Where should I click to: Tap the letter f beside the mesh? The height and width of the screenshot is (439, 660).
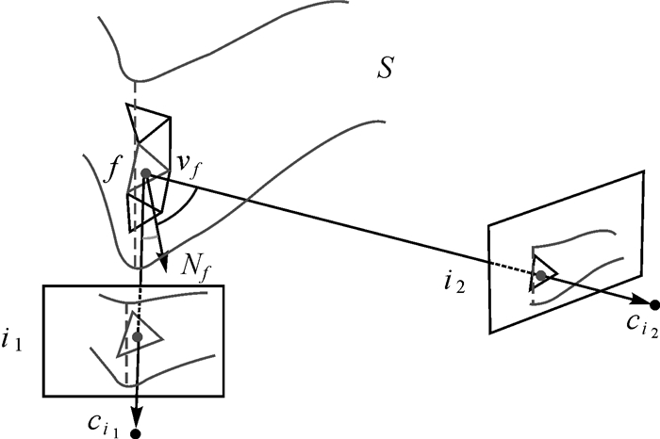[114, 172]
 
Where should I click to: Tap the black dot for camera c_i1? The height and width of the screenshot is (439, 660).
[139, 433]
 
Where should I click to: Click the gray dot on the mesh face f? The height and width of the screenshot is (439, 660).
[145, 173]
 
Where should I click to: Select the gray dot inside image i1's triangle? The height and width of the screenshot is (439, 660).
[138, 336]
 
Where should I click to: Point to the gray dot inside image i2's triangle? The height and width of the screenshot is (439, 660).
[540, 275]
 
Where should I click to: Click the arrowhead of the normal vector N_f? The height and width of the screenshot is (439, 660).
[164, 256]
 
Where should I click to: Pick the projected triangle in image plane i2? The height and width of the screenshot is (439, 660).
[542, 272]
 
